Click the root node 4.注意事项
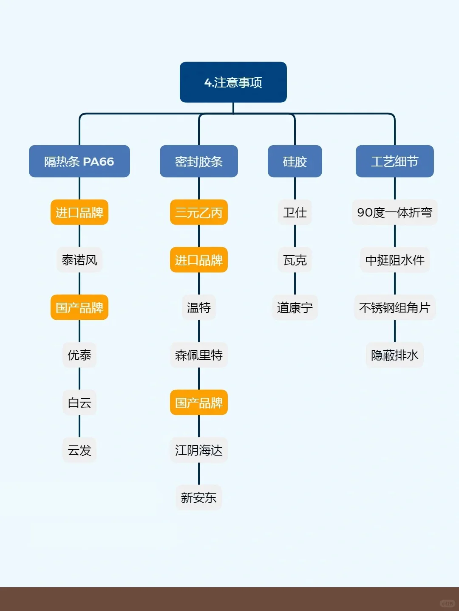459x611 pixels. coord(233,82)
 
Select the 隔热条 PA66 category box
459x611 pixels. coord(79,161)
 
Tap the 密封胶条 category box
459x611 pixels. coord(198,161)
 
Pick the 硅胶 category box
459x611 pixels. coord(295,161)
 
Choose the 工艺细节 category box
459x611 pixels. coord(394,161)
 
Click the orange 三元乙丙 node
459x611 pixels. coord(198,212)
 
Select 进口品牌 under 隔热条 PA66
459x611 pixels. coord(79,212)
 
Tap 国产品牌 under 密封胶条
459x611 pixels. coord(198,403)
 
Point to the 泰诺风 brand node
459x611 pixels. coord(79,260)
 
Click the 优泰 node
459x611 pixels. coord(79,355)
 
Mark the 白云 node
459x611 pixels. coord(79,403)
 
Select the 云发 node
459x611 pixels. coord(79,450)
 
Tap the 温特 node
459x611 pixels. coord(198,307)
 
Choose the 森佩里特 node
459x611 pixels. coord(198,355)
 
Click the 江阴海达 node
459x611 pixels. coord(198,450)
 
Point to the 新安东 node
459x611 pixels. coord(198,498)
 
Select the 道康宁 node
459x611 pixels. coord(295,307)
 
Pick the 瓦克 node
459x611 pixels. coord(295,260)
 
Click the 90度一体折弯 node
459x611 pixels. coord(394,212)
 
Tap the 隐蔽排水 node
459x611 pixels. coord(394,355)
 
